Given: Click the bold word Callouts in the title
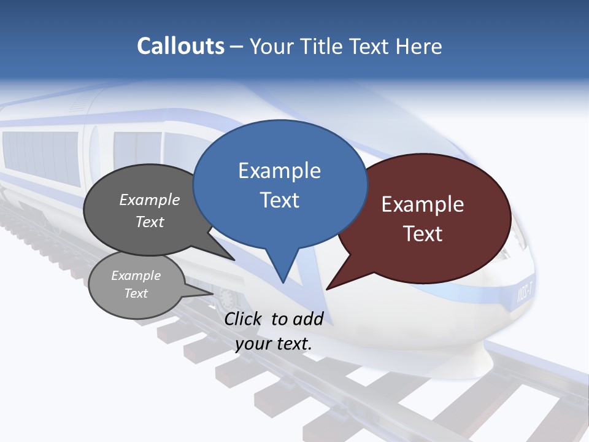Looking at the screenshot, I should [181, 47].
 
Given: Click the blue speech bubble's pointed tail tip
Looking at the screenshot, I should [283, 282].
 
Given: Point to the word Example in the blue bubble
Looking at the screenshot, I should [279, 171].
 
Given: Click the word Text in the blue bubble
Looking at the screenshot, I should [279, 200].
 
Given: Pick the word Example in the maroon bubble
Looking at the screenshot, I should [423, 204].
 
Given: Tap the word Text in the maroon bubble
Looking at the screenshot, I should [423, 234].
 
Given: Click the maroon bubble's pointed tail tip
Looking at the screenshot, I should [327, 289].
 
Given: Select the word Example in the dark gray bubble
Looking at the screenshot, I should [150, 200].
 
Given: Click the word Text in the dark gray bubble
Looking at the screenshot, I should [150, 222].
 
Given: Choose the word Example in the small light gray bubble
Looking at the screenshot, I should [136, 276].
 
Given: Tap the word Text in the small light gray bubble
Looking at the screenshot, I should [136, 293].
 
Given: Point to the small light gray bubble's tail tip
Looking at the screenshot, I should [214, 293].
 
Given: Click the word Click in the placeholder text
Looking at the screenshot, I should [243, 319].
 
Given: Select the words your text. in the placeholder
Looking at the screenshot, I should [274, 344].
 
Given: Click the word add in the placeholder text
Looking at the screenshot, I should [309, 319].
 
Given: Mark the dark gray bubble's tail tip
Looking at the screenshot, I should [234, 260].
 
